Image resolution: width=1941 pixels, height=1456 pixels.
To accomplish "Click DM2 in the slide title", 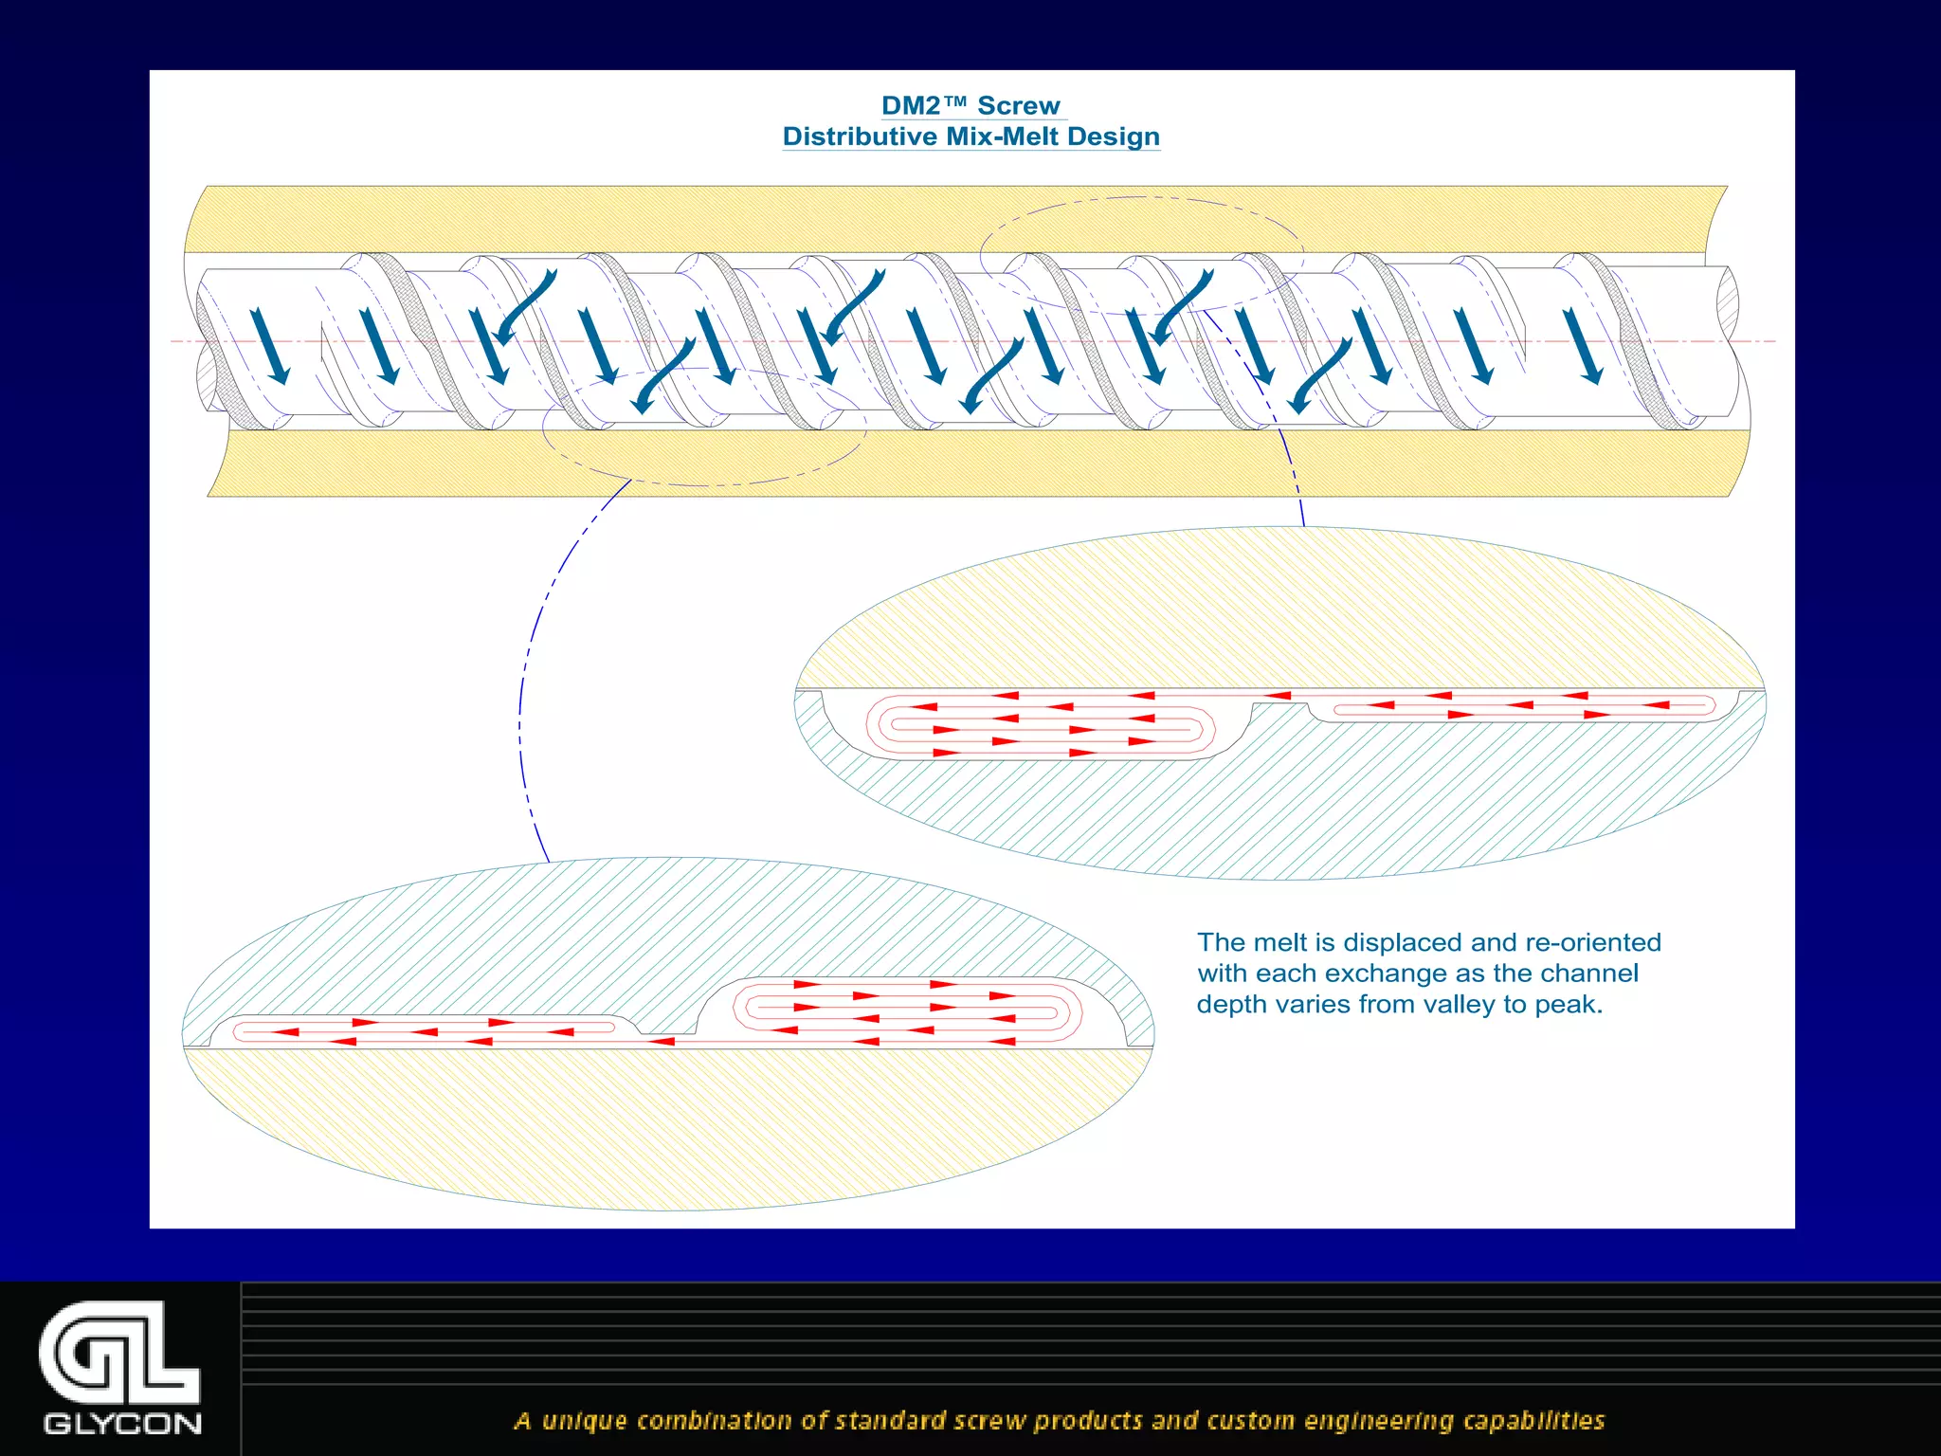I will (x=911, y=105).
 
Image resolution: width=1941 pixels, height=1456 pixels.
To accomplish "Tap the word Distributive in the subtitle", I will (x=860, y=136).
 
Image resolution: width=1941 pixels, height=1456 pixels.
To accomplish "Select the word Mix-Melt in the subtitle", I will (x=1003, y=136).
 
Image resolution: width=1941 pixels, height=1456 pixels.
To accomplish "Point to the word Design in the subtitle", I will (x=1114, y=136).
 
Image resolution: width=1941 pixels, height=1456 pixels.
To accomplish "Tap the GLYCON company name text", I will (x=122, y=1424).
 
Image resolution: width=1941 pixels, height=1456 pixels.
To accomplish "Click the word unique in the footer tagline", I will (x=584, y=1420).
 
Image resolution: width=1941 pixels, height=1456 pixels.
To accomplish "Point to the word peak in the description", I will (x=1568, y=1004).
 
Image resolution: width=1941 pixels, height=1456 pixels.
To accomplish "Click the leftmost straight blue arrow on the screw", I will (x=270, y=346).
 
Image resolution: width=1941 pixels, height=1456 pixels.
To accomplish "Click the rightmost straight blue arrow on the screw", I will (x=1583, y=346).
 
